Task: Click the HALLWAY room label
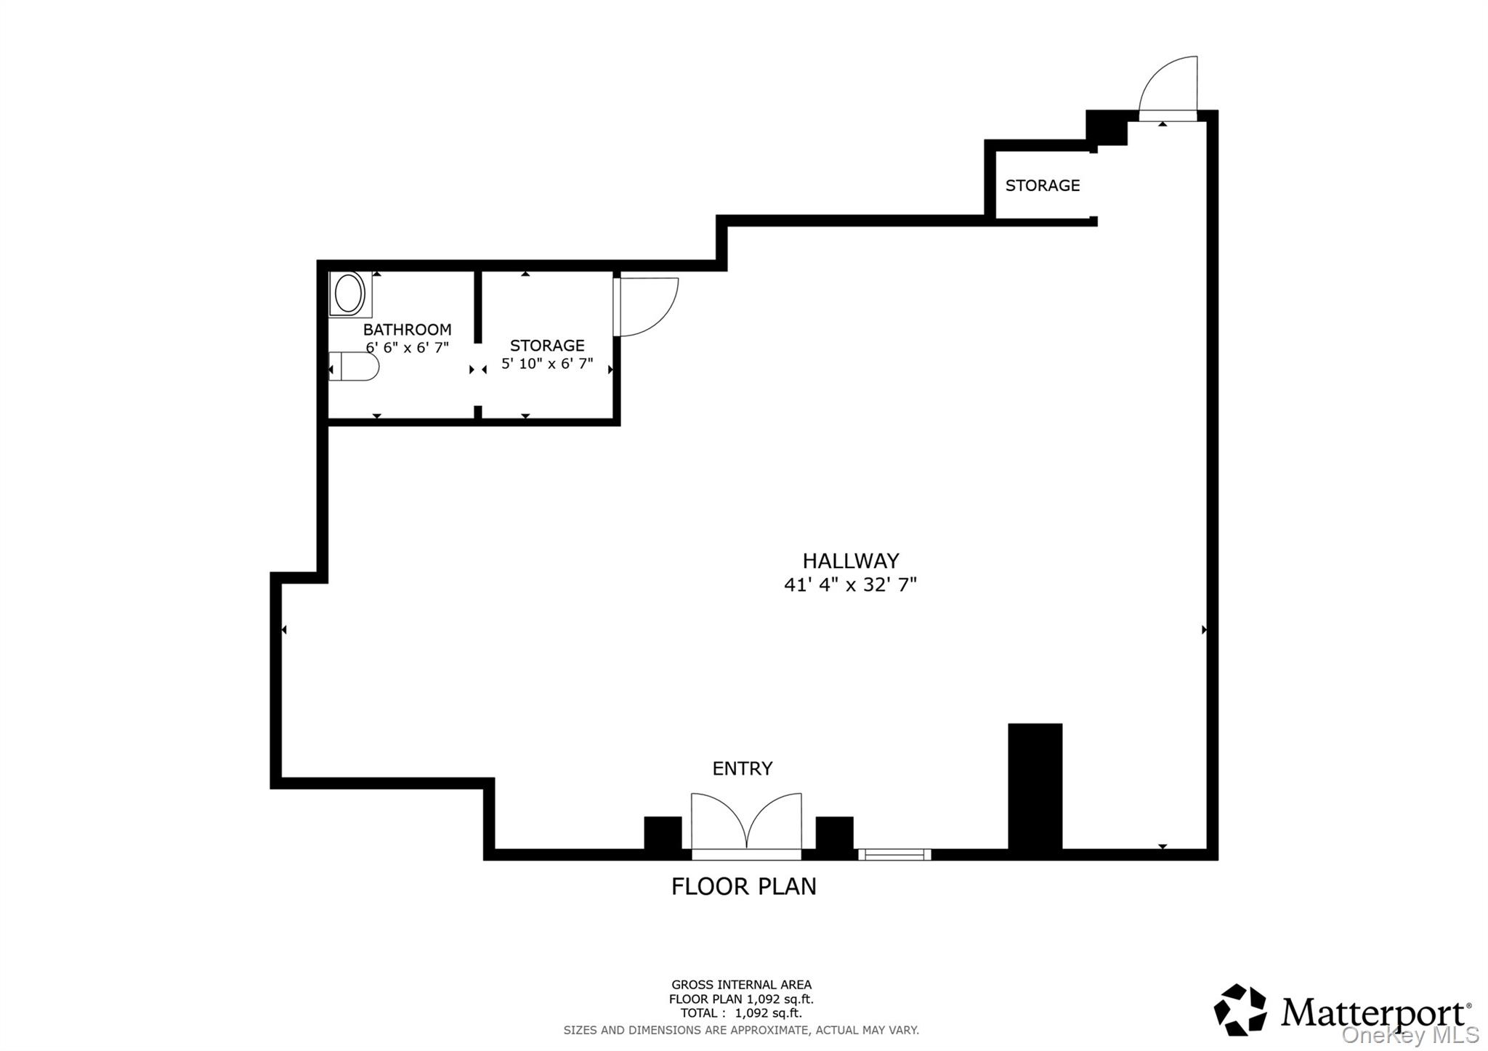click(x=850, y=561)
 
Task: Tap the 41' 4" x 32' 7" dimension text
click(x=850, y=585)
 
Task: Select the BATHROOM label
click(x=407, y=330)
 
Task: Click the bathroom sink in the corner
click(x=349, y=293)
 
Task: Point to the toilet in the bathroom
click(x=355, y=366)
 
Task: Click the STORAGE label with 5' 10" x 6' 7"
click(x=546, y=346)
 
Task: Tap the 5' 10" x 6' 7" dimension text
click(x=546, y=364)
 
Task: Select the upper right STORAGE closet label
click(x=1042, y=186)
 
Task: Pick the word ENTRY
click(x=742, y=768)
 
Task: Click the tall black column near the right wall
click(x=1035, y=787)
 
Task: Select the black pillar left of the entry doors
click(x=663, y=833)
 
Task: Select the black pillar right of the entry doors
click(x=834, y=833)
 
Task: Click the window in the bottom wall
click(x=894, y=855)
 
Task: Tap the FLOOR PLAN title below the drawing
click(x=743, y=887)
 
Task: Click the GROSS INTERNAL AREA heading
click(x=741, y=985)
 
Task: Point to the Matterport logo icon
click(x=1240, y=1010)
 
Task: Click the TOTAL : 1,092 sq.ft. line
click(x=741, y=1013)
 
